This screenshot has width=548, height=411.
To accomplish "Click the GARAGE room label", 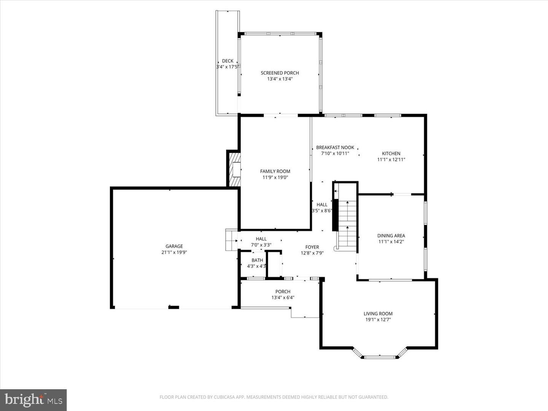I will pos(174,246).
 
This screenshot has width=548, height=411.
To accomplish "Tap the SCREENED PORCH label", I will pos(280,73).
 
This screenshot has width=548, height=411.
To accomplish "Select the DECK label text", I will pos(228,61).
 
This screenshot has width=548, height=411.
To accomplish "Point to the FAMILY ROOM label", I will pos(275,171).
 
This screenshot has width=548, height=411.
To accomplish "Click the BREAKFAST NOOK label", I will pos(335,147).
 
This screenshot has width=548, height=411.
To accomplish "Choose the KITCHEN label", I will pos(391,153).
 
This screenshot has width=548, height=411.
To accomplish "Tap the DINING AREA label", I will pos(391,236).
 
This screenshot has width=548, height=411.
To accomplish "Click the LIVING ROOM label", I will pos(378,314).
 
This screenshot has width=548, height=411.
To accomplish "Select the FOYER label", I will pos(312,247).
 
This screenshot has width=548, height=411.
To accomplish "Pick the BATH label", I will pos(257,260).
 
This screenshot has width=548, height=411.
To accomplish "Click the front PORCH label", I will pos(283,292).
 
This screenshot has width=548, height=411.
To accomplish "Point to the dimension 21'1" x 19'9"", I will pos(174,252).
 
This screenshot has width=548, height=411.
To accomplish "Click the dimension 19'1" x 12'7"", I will pos(378,320).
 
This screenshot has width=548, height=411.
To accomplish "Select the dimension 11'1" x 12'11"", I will pos(391,160).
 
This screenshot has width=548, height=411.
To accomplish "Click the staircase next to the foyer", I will pos(347,225).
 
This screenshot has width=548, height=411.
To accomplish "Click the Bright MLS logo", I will pos(33,400).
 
